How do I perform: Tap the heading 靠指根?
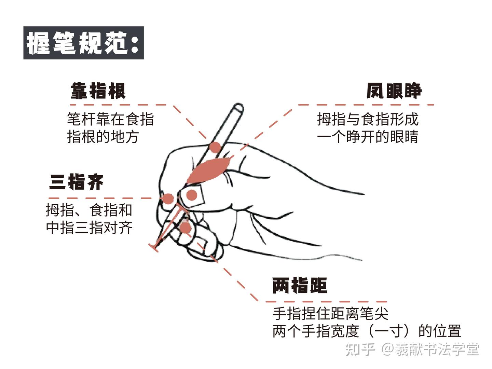click(x=98, y=91)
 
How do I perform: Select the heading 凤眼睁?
click(x=394, y=91)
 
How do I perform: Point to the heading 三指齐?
click(x=76, y=182)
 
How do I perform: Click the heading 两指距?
click(x=300, y=285)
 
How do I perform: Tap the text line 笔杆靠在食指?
click(x=110, y=119)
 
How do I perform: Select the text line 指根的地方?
click(x=103, y=137)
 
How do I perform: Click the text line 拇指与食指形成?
click(x=368, y=119)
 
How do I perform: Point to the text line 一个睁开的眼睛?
click(x=368, y=137)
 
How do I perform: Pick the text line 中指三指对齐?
click(x=89, y=228)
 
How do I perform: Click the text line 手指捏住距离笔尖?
click(x=330, y=313)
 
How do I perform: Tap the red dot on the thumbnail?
click(x=192, y=195)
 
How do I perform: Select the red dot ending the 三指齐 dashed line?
click(x=168, y=199)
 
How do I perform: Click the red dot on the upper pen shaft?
click(x=215, y=147)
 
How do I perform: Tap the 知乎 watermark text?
click(x=360, y=350)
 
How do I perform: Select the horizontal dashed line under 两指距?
click(x=326, y=302)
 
